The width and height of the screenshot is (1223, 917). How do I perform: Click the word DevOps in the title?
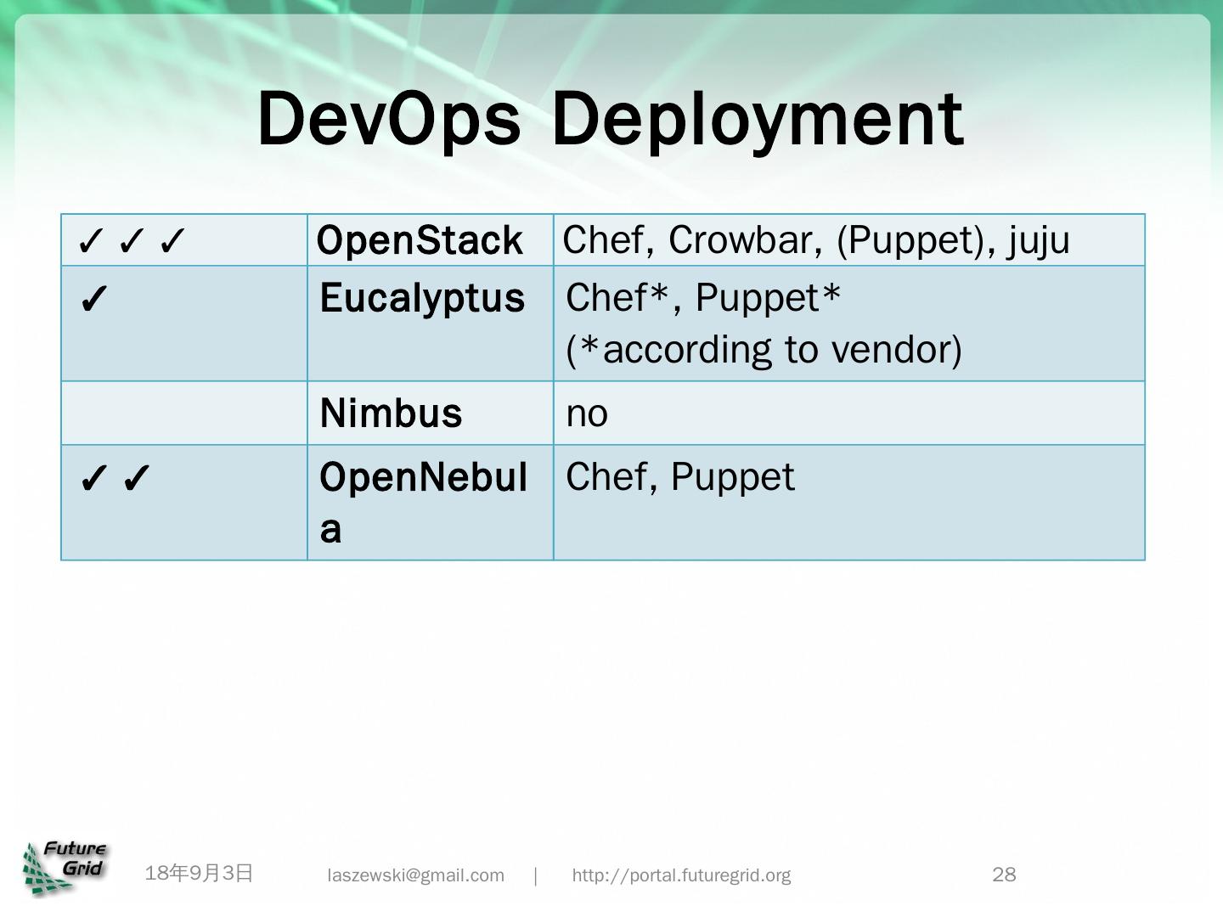[x=388, y=119]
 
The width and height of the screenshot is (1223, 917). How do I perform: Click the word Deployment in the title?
[x=757, y=119]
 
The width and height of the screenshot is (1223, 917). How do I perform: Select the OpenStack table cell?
[x=420, y=240]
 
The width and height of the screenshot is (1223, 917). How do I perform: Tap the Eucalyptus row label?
[x=422, y=299]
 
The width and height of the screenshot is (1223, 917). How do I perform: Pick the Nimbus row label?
[x=391, y=413]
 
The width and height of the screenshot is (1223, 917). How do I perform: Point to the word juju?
[x=1040, y=240]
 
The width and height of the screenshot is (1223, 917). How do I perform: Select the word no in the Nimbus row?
[x=587, y=414]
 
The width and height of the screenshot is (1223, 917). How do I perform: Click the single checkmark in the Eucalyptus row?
[x=93, y=300]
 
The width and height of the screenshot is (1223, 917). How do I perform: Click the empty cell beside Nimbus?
[x=184, y=413]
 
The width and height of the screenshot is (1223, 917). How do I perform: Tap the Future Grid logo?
[x=65, y=867]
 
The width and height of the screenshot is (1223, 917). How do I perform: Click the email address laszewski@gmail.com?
[x=416, y=875]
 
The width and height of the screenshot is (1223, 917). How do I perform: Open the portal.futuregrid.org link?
[x=681, y=875]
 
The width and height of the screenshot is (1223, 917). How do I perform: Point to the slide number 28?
[x=1004, y=875]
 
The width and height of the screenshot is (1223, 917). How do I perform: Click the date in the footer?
[x=200, y=873]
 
